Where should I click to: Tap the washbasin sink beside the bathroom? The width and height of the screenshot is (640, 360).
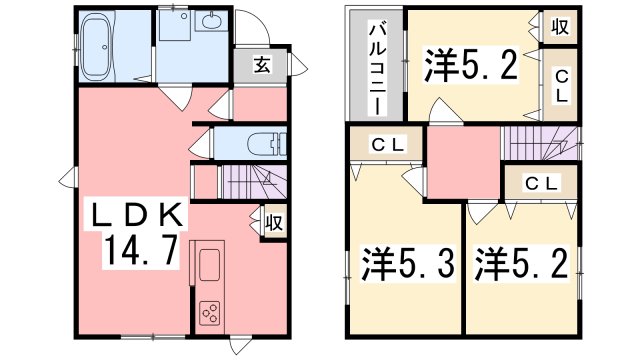click(x=212, y=23)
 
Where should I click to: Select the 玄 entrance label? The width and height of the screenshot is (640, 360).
click(x=259, y=66)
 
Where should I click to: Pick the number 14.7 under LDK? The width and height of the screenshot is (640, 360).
click(x=139, y=250)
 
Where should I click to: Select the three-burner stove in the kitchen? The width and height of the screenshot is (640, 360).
click(x=211, y=313)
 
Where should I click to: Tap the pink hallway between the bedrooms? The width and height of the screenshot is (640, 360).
click(x=463, y=164)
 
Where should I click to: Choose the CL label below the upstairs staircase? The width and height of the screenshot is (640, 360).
click(x=541, y=183)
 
